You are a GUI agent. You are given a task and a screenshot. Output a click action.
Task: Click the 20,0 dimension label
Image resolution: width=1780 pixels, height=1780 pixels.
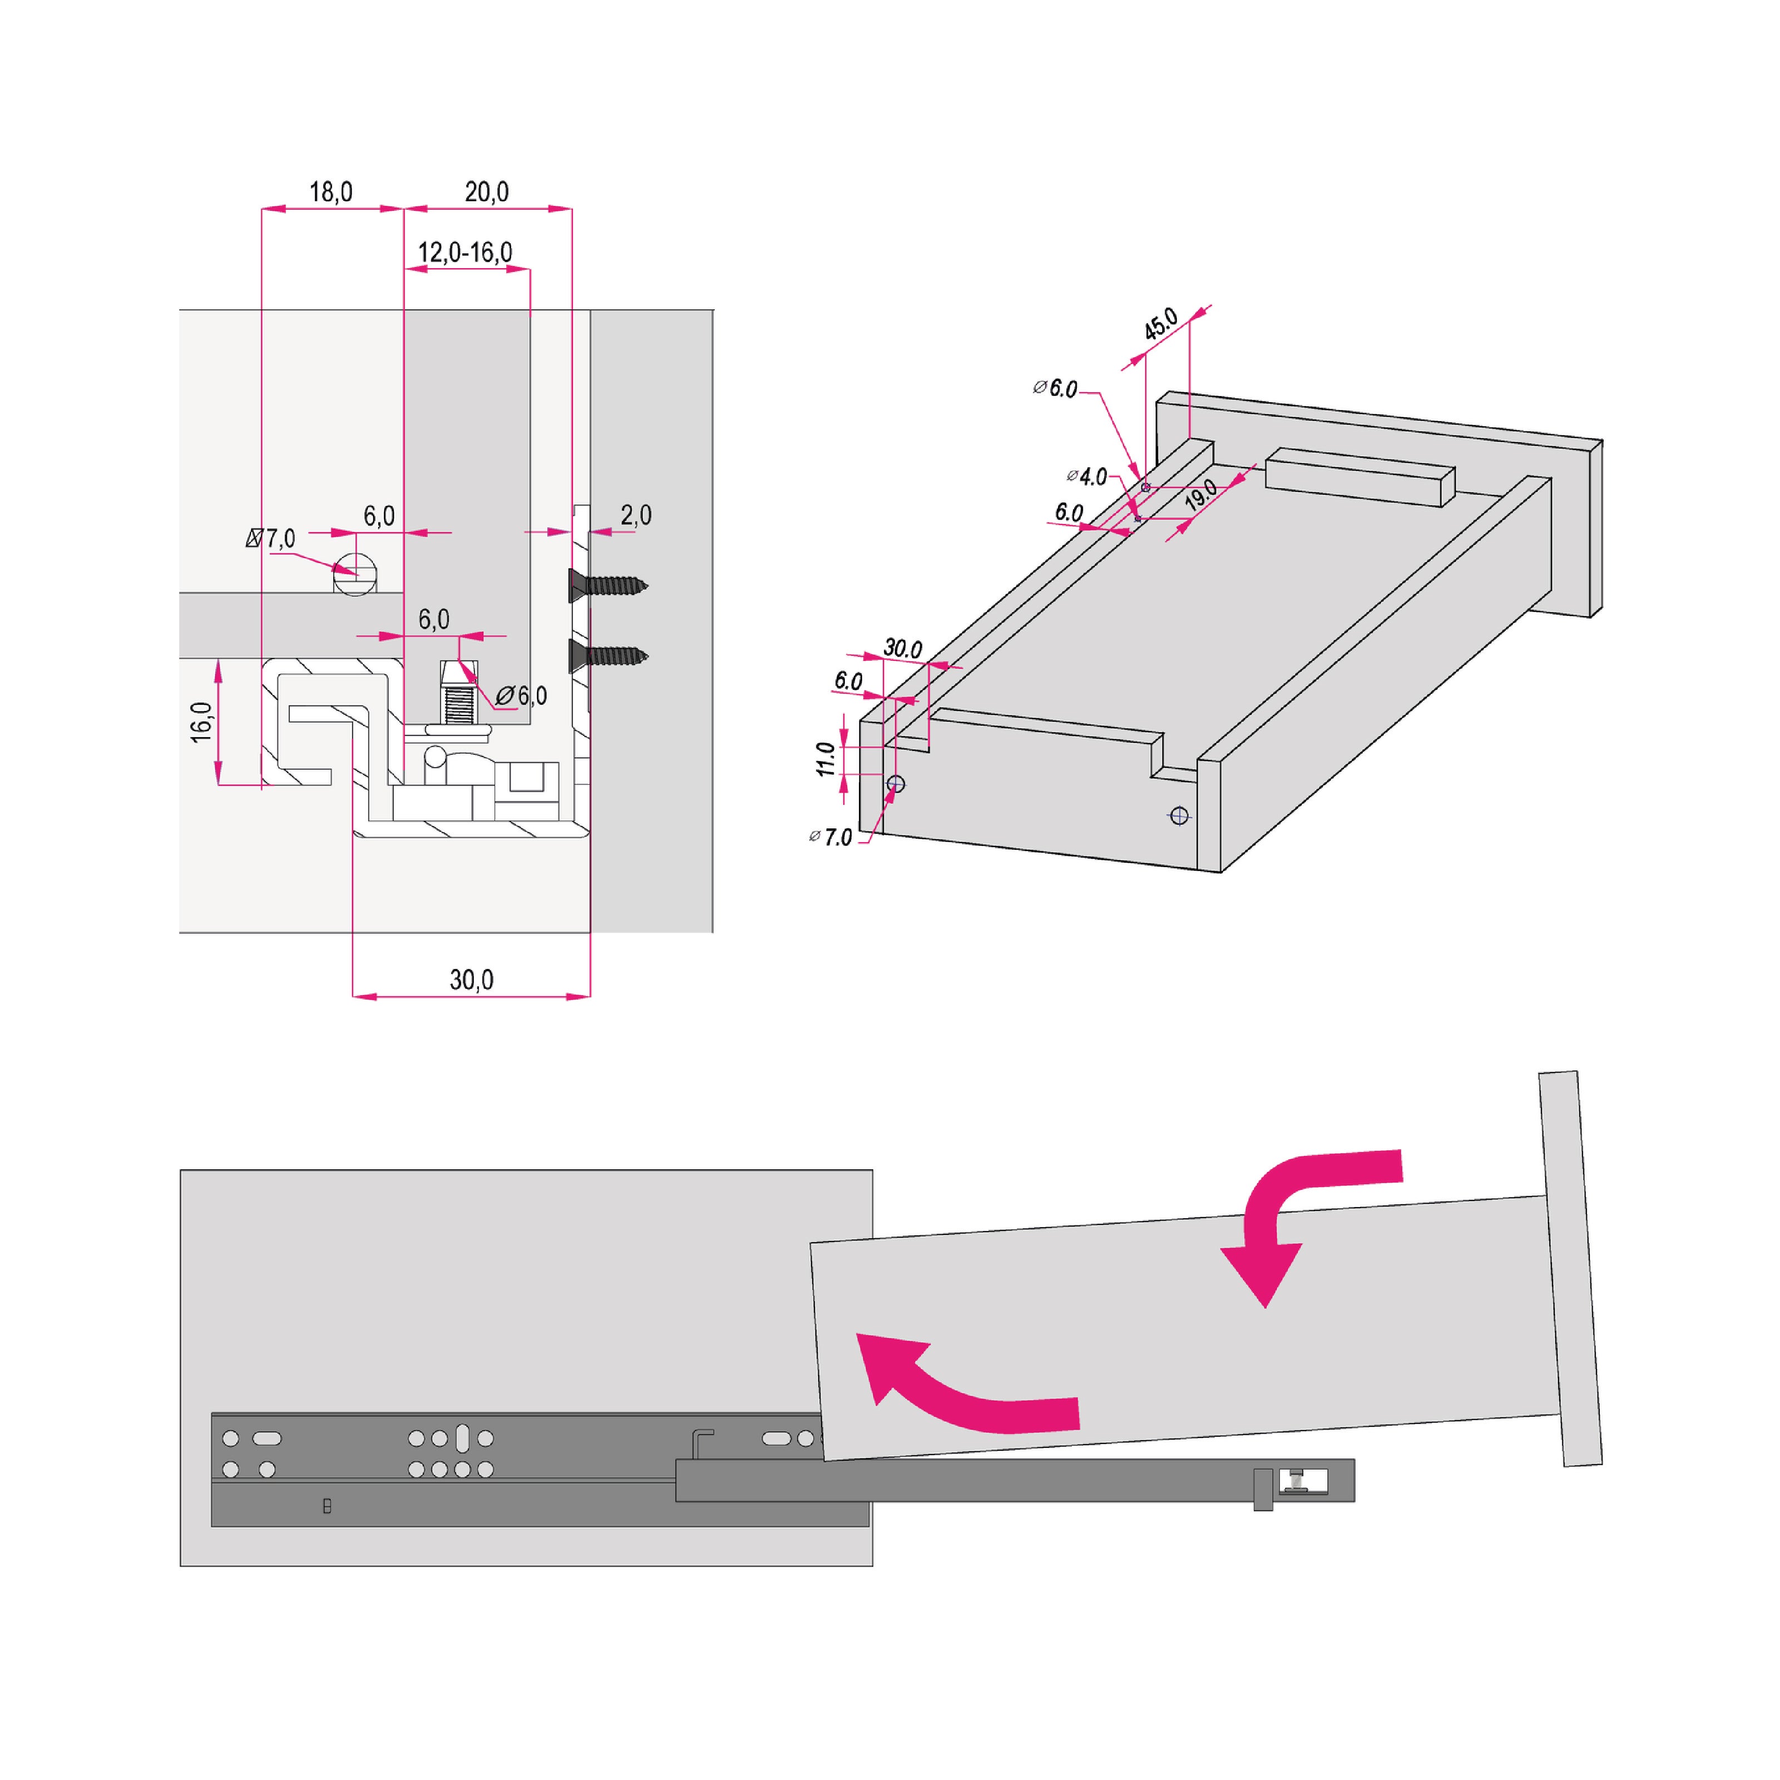pos(487,192)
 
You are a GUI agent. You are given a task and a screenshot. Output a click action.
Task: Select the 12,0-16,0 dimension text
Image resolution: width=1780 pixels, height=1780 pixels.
pos(465,251)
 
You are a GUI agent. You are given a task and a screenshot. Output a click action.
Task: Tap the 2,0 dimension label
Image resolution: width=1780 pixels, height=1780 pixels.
pos(636,515)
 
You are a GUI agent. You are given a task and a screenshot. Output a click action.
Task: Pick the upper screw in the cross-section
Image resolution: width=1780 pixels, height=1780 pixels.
pos(608,584)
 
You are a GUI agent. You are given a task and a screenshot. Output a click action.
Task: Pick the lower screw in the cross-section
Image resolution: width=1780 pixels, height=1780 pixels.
pos(608,656)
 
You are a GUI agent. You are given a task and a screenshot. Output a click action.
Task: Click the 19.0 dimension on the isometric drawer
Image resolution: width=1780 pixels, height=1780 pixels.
pos(1200,496)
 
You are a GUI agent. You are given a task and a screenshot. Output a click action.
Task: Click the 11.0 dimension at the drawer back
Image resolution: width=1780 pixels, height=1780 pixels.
pos(825,758)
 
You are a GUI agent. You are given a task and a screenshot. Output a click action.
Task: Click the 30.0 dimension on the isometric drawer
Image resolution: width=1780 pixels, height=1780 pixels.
pos(903,649)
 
